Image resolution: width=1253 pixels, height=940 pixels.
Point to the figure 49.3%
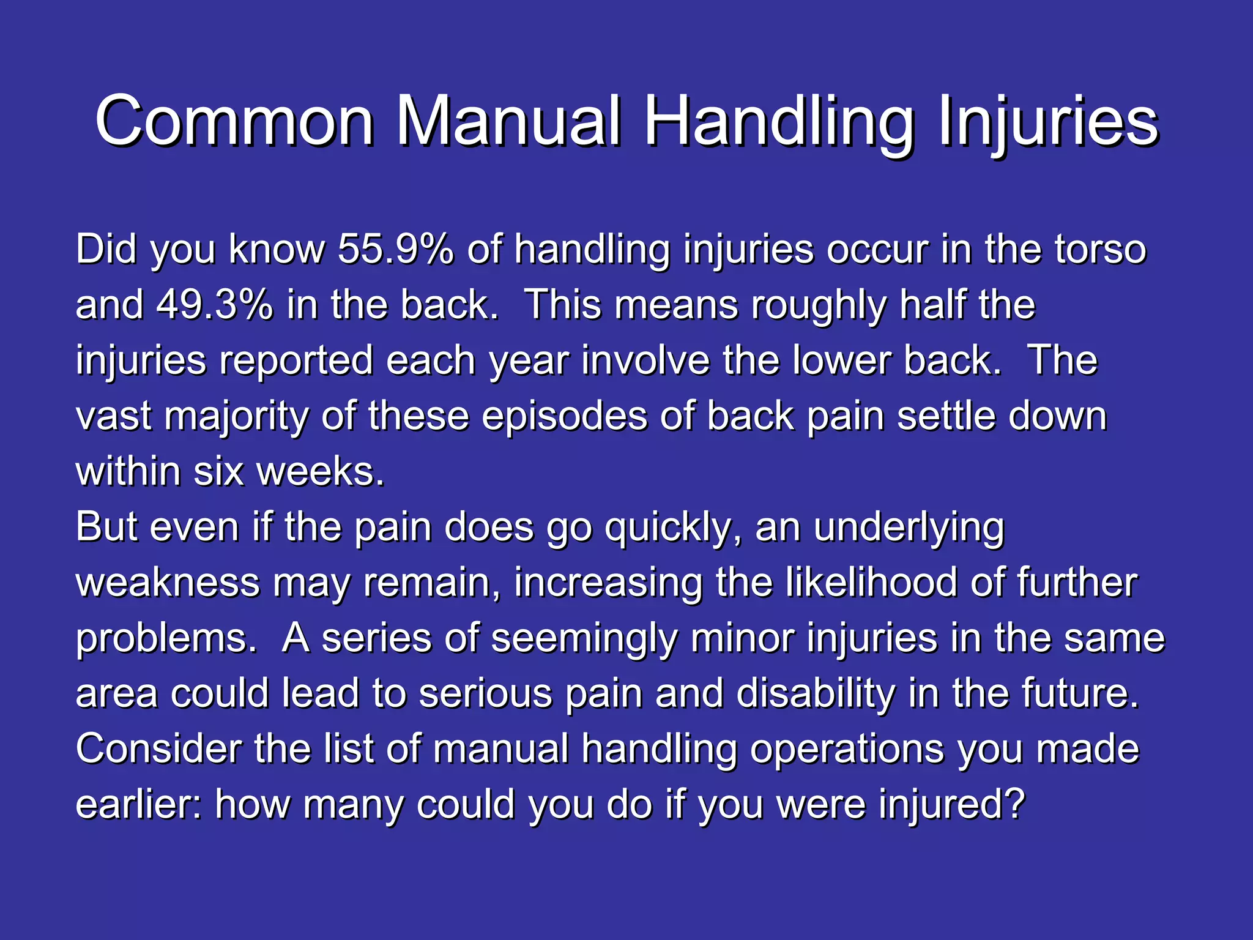(x=214, y=305)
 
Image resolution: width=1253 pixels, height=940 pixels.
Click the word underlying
(x=909, y=527)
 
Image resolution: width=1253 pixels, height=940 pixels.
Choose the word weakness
(x=168, y=583)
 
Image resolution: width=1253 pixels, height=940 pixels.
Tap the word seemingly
(x=584, y=638)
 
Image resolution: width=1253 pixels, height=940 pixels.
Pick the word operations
(x=847, y=749)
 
